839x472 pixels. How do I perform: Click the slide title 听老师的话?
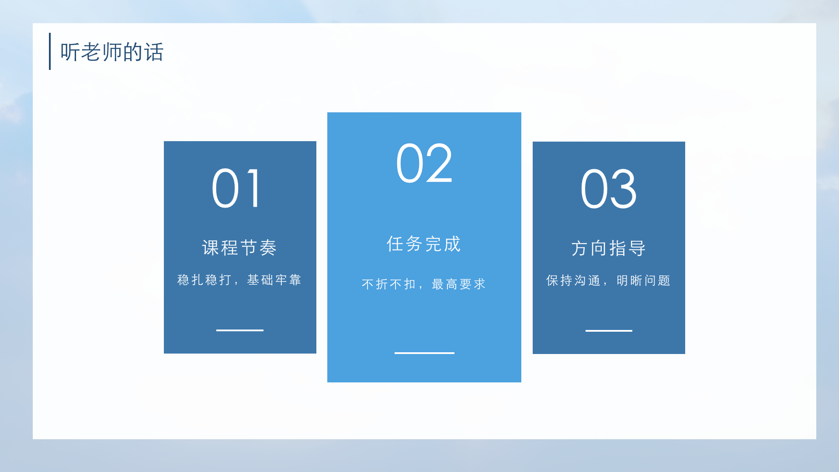(112, 52)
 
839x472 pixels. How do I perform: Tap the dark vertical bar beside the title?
(50, 51)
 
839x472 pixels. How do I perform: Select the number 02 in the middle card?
(424, 163)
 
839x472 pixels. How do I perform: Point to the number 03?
(608, 189)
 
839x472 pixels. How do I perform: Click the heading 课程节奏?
(239, 248)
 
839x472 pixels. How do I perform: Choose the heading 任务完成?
(424, 244)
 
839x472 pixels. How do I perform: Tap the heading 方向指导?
(609, 248)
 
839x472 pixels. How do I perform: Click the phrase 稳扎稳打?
(204, 280)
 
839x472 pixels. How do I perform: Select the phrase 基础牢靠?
(274, 280)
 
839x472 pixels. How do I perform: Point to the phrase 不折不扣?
(388, 284)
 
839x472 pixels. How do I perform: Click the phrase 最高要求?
(459, 284)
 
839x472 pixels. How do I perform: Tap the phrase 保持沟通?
(573, 280)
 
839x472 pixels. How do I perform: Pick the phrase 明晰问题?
(644, 280)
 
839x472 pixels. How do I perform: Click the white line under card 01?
(240, 330)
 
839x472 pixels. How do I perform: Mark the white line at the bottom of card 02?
(424, 353)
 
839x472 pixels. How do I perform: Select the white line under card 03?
(609, 331)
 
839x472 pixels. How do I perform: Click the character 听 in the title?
(70, 52)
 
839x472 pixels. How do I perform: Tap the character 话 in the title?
(154, 52)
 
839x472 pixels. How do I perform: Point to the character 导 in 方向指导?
(638, 248)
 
